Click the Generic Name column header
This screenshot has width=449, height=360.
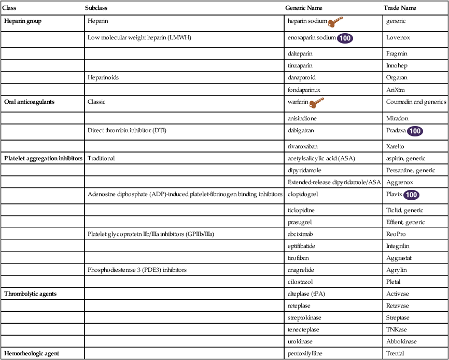coord(304,8)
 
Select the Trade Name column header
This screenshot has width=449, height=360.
coord(400,8)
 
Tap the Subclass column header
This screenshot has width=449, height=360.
coord(96,8)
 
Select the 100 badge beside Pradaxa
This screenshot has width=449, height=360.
coord(415,131)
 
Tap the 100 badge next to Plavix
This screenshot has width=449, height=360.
coord(411,196)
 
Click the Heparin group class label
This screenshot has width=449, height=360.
coord(23,22)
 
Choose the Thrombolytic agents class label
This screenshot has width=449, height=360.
coord(30,294)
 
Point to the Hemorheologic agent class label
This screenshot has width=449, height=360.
coord(32,353)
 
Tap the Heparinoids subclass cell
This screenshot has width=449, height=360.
coord(103,78)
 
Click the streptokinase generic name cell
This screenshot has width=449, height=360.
coord(305,317)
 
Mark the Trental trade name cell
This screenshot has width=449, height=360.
coord(395,353)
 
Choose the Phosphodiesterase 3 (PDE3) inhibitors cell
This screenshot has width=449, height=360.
coord(137,270)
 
